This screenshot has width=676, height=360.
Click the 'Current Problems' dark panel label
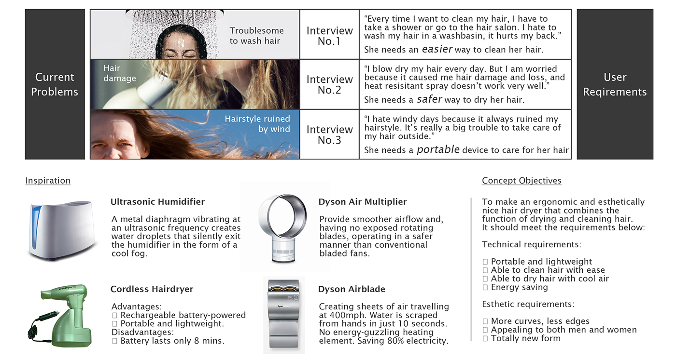tap(55, 84)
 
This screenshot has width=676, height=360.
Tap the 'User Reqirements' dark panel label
tap(615, 84)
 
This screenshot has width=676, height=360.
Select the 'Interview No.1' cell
tap(329, 36)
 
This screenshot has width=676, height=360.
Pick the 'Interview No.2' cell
tap(329, 84)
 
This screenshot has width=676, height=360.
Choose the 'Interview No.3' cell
tap(329, 134)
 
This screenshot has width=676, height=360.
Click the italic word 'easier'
tap(437, 49)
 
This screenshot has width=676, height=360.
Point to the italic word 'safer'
tap(429, 99)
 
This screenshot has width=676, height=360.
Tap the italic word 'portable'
tap(438, 149)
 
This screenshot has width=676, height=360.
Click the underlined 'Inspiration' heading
tap(48, 181)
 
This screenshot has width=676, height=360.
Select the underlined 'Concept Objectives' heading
tap(521, 181)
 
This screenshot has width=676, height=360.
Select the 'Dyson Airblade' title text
tap(352, 289)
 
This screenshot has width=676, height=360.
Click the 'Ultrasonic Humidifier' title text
tap(157, 202)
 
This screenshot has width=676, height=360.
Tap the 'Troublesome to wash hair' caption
tap(256, 36)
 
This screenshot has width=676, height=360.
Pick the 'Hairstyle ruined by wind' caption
tap(257, 124)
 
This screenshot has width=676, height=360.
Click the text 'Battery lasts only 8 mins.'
tap(172, 341)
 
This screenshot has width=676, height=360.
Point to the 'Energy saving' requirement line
tap(519, 287)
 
